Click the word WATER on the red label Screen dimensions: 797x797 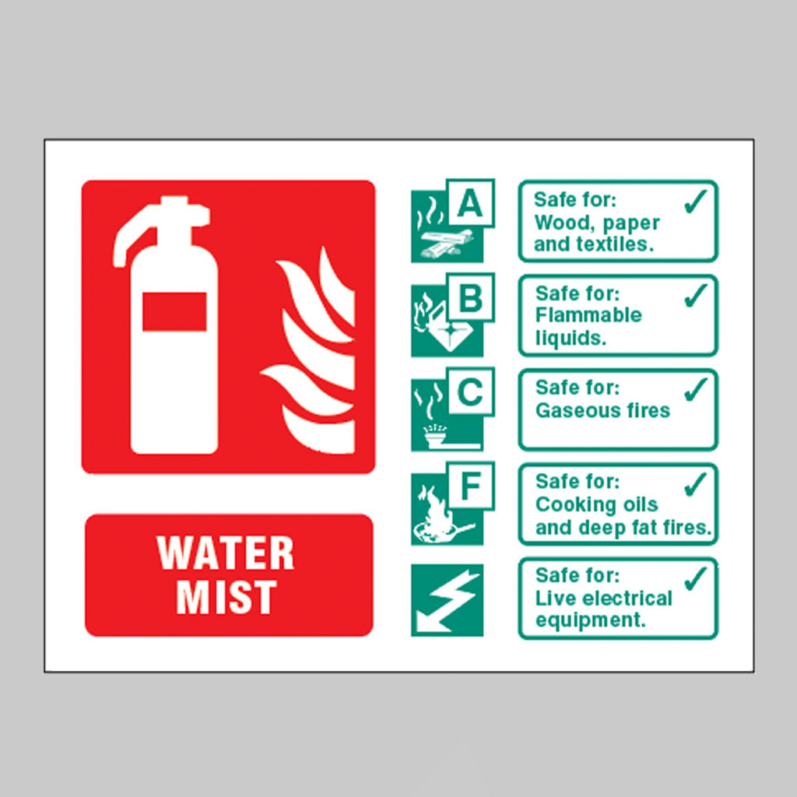coord(225,553)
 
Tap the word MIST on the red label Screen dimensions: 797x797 coord(226,597)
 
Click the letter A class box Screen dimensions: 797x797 coord(470,203)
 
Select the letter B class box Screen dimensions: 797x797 coord(470,297)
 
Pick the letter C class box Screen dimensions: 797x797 coord(470,392)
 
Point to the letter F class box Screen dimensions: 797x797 coord(470,486)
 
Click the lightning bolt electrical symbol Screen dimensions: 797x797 coord(447,600)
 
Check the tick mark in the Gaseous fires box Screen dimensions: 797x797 coord(696,389)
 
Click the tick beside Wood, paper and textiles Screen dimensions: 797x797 coord(696,202)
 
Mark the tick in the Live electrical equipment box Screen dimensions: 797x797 coord(696,578)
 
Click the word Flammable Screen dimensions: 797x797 coord(588,315)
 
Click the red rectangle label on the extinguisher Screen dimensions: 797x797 coord(174,311)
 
